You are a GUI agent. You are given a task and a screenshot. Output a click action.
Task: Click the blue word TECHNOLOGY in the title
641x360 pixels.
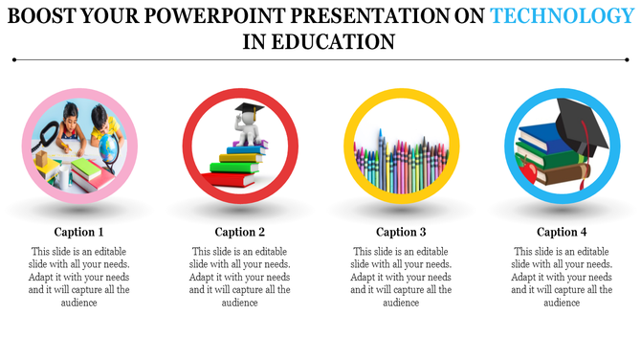point(561,15)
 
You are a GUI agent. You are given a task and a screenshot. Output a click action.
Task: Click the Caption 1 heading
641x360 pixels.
point(78,232)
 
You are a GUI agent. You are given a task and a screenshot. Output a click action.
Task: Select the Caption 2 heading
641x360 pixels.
point(240,232)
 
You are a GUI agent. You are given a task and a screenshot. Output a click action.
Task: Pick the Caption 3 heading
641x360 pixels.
point(401,232)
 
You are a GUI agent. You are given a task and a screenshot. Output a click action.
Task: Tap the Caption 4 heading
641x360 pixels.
point(562,232)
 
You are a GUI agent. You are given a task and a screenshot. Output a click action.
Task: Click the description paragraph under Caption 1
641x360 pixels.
point(78,276)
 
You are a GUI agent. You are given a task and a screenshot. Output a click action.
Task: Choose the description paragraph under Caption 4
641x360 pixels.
point(562,276)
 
